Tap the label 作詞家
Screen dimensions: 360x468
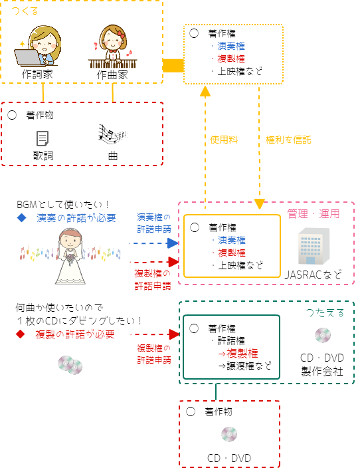pyautogui.click(x=37, y=74)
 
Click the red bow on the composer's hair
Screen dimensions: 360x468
pyautogui.click(x=120, y=34)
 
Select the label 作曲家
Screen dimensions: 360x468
pyautogui.click(x=112, y=74)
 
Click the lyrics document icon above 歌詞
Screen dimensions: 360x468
pyautogui.click(x=43, y=138)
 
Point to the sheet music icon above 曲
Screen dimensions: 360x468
pyautogui.click(x=113, y=133)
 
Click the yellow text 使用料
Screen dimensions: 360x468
pyautogui.click(x=224, y=140)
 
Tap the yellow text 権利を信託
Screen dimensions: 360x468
pyautogui.click(x=288, y=140)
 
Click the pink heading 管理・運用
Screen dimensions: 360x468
pyautogui.click(x=313, y=213)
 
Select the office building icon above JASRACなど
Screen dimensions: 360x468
pyautogui.click(x=314, y=246)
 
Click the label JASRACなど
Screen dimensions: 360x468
pyautogui.click(x=313, y=275)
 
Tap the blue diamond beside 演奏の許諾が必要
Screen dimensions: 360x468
pyautogui.click(x=21, y=218)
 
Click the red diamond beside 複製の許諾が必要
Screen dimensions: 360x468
pyautogui.click(x=21, y=334)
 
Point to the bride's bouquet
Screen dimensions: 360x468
pyautogui.click(x=70, y=256)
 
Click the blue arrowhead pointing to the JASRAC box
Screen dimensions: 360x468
pyautogui.click(x=173, y=243)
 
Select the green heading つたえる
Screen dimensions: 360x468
pyautogui.click(x=325, y=312)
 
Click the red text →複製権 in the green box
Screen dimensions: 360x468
pyautogui.click(x=238, y=354)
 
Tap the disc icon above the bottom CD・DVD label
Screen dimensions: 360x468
pyautogui.click(x=229, y=434)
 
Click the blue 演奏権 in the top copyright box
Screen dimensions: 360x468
pyautogui.click(x=231, y=46)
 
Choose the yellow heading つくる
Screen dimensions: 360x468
pyautogui.click(x=25, y=11)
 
